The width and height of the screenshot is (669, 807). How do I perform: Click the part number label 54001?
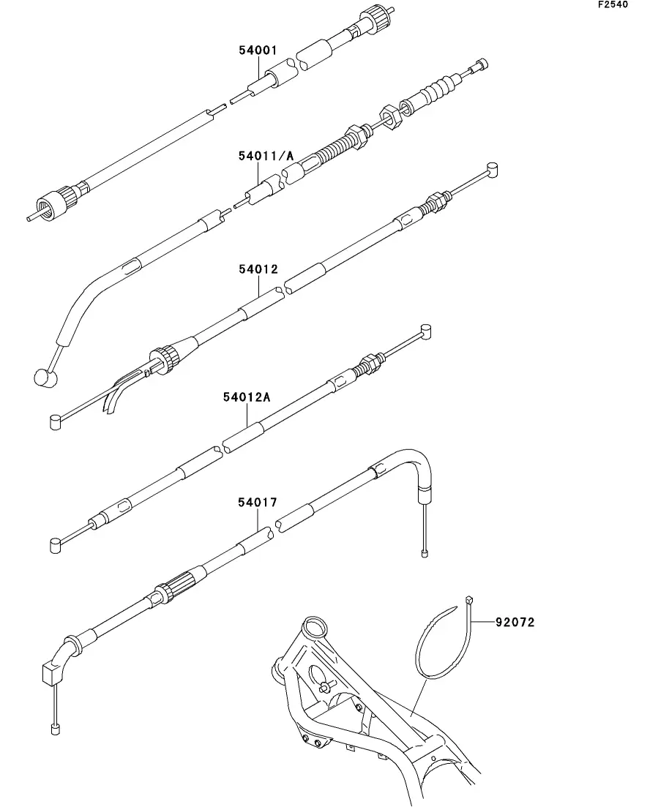pyautogui.click(x=258, y=50)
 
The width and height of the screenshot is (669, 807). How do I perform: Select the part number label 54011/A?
pyautogui.click(x=266, y=155)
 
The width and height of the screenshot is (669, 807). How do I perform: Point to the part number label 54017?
pyautogui.click(x=258, y=503)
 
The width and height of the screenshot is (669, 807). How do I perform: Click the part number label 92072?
pyautogui.click(x=515, y=622)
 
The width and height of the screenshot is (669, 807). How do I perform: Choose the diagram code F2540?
pyautogui.click(x=613, y=4)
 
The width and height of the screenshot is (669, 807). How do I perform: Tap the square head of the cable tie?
pyautogui.click(x=468, y=599)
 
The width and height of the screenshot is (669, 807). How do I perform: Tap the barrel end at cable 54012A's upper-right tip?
pyautogui.click(x=425, y=331)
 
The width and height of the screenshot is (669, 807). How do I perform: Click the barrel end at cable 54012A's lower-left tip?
pyautogui.click(x=56, y=546)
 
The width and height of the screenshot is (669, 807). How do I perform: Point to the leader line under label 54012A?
pyautogui.click(x=247, y=414)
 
